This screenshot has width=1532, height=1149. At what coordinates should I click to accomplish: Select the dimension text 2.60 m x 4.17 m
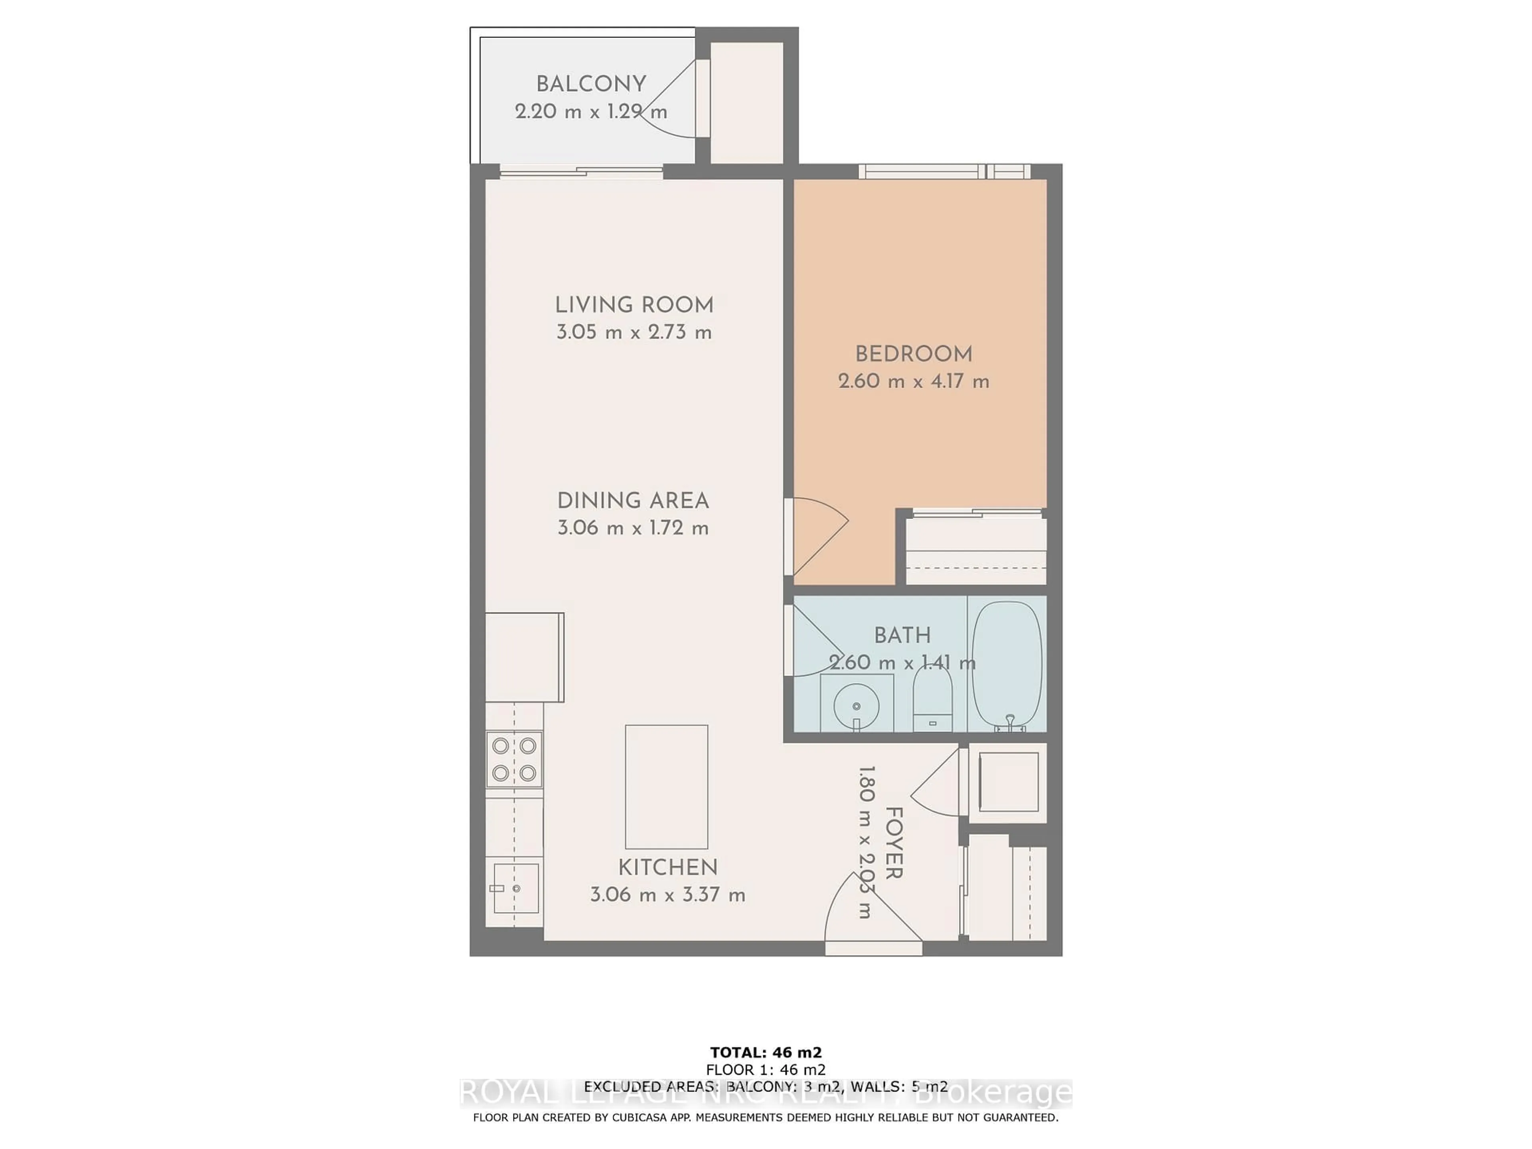914,381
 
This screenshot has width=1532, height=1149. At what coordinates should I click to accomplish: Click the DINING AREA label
633,501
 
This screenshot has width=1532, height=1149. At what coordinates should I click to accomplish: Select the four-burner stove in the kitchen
514,759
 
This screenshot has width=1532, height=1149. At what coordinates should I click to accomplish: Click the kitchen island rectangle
666,787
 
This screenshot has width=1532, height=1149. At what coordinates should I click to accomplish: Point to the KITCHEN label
667,867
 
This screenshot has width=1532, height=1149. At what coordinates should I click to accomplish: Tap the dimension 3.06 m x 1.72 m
633,529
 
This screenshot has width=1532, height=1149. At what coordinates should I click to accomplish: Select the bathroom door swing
814,641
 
